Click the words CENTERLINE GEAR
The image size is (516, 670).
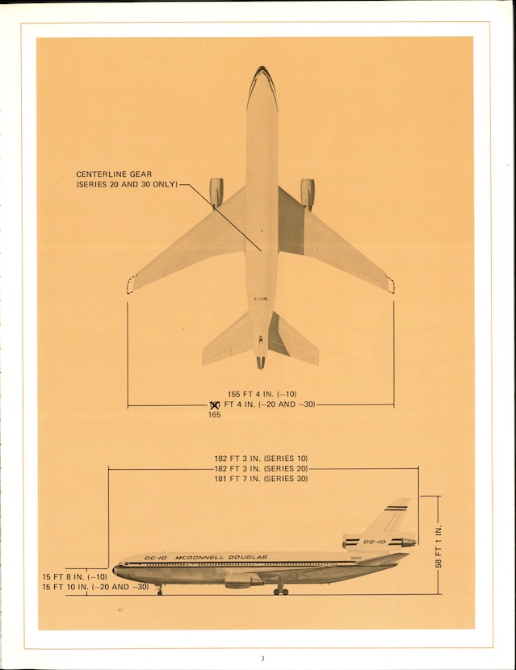tap(114, 174)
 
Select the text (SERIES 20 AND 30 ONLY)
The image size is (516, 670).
tap(127, 185)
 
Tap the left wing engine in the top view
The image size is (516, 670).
tap(216, 192)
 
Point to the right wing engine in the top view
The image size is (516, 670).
tap(308, 193)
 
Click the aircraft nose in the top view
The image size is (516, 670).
tap(262, 73)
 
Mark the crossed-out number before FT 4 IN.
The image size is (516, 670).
tap(215, 404)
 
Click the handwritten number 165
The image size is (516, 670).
tap(214, 415)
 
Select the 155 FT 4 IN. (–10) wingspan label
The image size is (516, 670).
tap(262, 394)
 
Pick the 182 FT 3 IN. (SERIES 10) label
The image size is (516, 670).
tap(261, 459)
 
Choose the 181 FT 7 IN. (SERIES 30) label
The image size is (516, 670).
tap(261, 479)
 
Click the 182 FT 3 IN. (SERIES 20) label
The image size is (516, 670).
tap(261, 469)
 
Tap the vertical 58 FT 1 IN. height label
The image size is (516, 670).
tap(439, 546)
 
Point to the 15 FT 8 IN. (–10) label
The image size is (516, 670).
tap(74, 576)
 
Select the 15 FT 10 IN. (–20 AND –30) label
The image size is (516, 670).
tap(95, 587)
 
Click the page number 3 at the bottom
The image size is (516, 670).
tap(262, 659)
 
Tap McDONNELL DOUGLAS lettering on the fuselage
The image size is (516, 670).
tap(213, 557)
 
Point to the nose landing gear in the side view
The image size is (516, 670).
tap(159, 590)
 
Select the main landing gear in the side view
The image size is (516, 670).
tap(280, 590)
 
